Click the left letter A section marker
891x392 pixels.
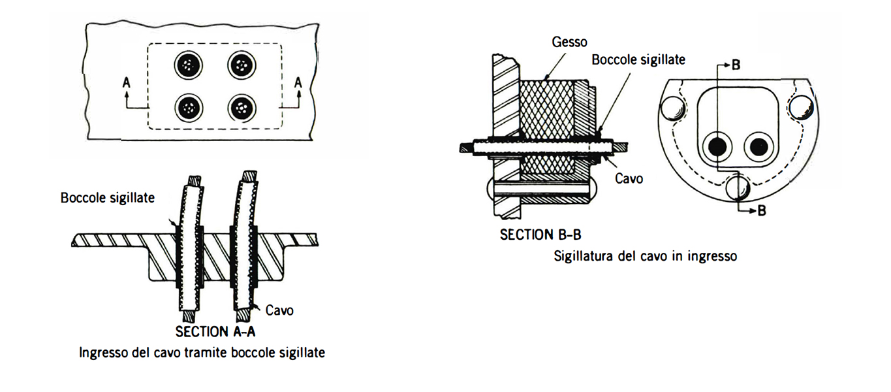pyautogui.click(x=126, y=82)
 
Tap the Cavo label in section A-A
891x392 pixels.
pyautogui.click(x=280, y=310)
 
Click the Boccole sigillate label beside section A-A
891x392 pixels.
pyautogui.click(x=108, y=197)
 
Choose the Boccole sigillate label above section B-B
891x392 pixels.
pyautogui.click(x=638, y=59)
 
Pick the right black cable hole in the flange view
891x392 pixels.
pyautogui.click(x=757, y=146)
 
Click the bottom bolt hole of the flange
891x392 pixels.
pyautogui.click(x=737, y=188)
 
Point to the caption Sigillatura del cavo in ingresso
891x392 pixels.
pyautogui.click(x=645, y=256)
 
